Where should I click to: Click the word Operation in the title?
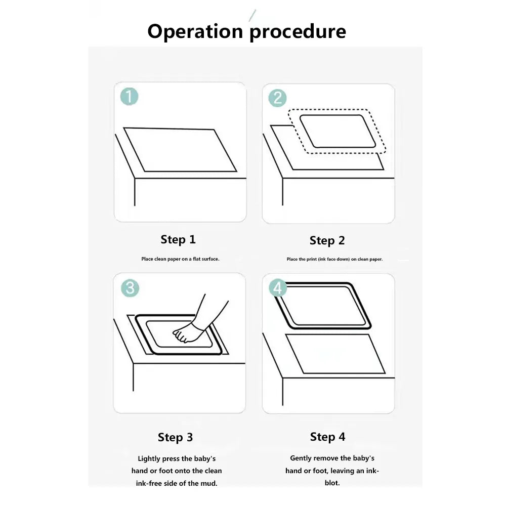coord(195,31)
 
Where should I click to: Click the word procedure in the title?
coord(298,32)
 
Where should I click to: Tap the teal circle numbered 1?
coord(130,97)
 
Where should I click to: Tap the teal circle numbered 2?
coord(277,98)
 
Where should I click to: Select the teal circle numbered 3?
coord(130,288)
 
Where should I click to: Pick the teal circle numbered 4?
coord(278,288)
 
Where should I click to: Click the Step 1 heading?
coord(178,239)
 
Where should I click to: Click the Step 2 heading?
coord(327,240)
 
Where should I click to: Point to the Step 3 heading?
coord(175,437)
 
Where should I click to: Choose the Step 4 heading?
coord(327,437)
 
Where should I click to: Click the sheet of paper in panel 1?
coord(180,149)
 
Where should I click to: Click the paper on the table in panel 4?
coord(335,354)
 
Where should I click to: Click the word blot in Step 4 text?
coord(332,483)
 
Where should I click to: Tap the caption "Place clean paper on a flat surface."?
coord(181,259)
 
